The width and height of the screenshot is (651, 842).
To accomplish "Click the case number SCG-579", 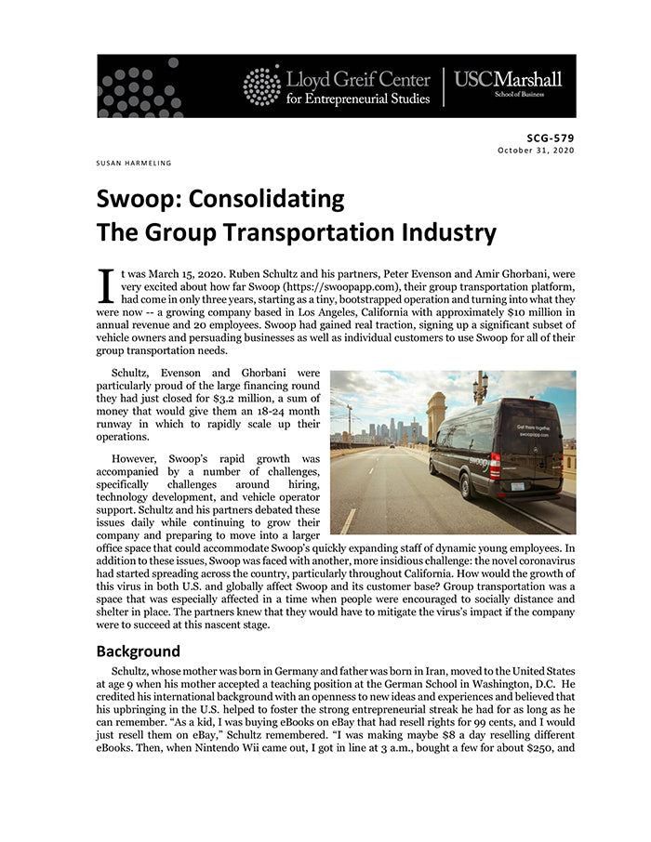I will pyautogui.click(x=551, y=138).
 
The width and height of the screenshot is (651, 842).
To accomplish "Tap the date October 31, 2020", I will pyautogui.click(x=537, y=150).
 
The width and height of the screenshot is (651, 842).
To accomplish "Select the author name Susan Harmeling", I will pyautogui.click(x=134, y=164).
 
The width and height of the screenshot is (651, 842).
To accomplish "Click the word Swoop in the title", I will pyautogui.click(x=139, y=199).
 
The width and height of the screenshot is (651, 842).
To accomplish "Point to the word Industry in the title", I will pyautogui.click(x=431, y=231).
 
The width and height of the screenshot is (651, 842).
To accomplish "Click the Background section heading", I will pyautogui.click(x=138, y=651).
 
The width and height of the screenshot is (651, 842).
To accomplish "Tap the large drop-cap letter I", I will pyautogui.click(x=106, y=284).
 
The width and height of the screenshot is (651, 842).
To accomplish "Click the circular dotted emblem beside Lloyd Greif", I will pyautogui.click(x=261, y=86).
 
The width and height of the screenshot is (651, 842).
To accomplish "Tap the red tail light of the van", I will pyautogui.click(x=494, y=464).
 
